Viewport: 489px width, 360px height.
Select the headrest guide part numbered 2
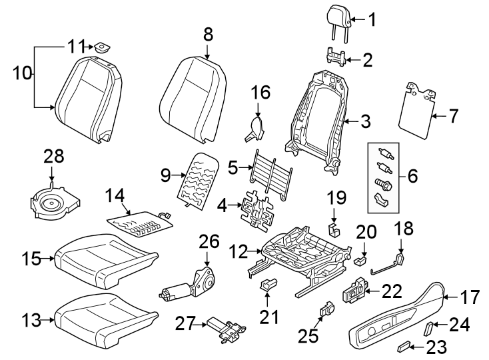(x=337, y=57)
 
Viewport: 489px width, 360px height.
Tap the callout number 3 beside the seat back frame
(x=365, y=121)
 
